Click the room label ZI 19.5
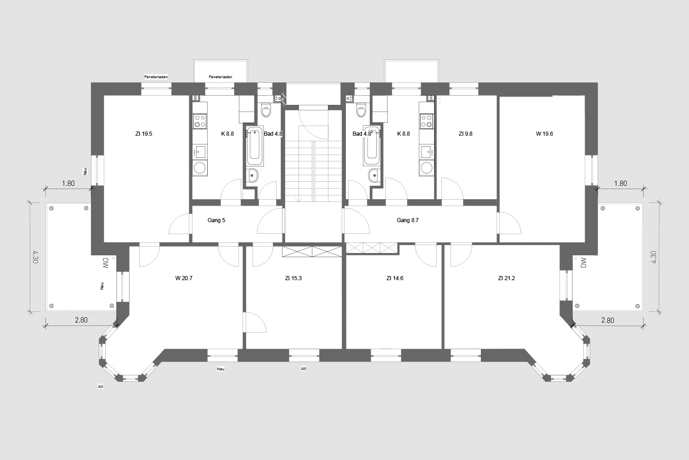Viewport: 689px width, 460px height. click(x=144, y=134)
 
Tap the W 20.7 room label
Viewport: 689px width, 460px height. click(x=184, y=278)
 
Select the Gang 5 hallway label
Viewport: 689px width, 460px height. click(x=216, y=220)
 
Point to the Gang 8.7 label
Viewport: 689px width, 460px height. click(x=407, y=220)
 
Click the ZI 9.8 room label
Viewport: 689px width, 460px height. click(x=465, y=134)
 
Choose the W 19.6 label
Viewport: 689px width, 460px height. click(x=544, y=134)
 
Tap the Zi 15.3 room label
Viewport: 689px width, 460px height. click(x=294, y=278)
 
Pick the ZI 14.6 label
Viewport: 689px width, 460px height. click(x=395, y=278)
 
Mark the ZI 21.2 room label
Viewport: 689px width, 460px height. click(x=507, y=278)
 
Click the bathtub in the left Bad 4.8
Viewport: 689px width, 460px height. click(x=254, y=146)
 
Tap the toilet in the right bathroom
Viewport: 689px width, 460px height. click(x=361, y=110)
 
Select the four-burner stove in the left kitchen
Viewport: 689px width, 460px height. click(x=200, y=121)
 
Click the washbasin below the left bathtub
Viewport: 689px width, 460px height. click(x=252, y=176)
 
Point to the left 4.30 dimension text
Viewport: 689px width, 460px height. click(x=35, y=257)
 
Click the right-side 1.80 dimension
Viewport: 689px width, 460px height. click(x=621, y=184)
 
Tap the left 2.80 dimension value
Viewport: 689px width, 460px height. click(x=81, y=320)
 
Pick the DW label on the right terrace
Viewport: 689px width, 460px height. click(x=583, y=263)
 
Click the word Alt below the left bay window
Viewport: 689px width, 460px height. click(x=100, y=386)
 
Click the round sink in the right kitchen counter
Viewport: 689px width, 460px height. click(x=426, y=168)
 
